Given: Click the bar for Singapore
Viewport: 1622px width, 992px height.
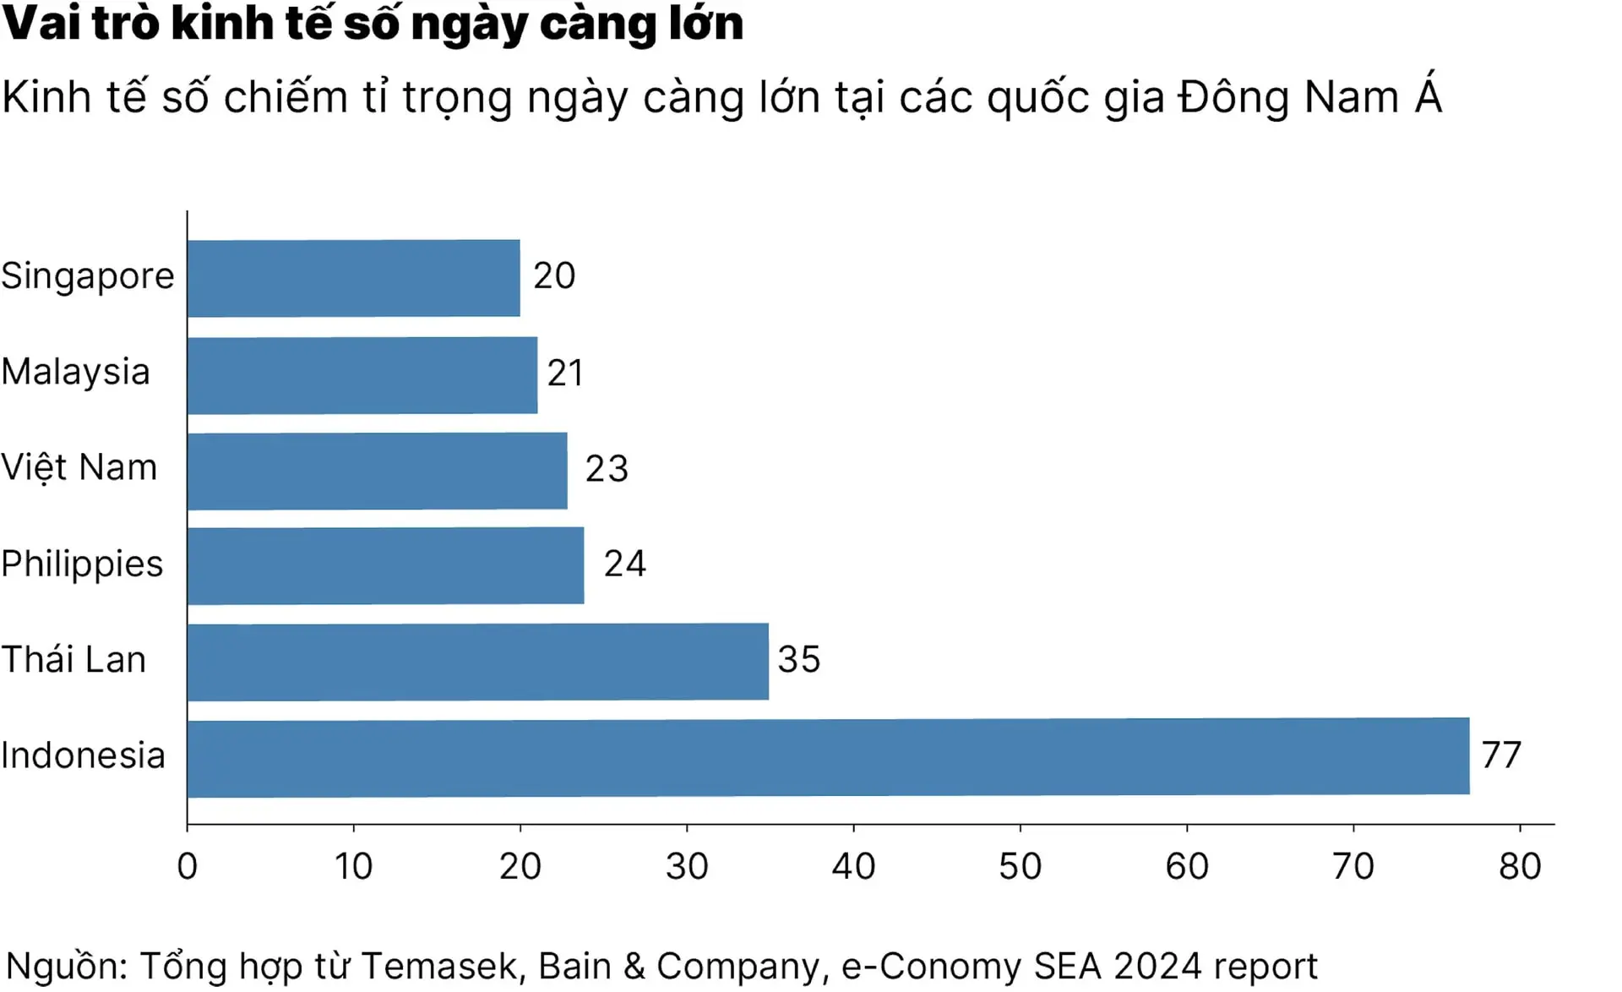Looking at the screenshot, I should [x=353, y=278].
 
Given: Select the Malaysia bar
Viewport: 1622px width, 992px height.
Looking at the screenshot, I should [x=362, y=375].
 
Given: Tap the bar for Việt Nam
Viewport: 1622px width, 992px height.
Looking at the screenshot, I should [x=377, y=471].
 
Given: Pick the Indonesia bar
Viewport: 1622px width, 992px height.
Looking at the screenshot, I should [x=828, y=757].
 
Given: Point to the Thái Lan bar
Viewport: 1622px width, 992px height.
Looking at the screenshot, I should [x=477, y=662].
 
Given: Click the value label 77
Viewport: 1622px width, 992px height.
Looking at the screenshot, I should [x=1501, y=755].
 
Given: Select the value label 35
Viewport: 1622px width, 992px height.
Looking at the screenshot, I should [x=798, y=660].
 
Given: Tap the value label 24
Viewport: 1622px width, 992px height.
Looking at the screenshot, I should [x=624, y=564].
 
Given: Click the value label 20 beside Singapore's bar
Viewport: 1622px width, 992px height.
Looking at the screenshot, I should [x=554, y=276].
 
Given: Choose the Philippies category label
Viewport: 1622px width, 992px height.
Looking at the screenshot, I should [x=82, y=564].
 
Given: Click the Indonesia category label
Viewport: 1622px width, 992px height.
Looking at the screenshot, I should [x=83, y=756].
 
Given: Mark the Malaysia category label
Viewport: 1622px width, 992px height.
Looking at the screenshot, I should [x=75, y=373].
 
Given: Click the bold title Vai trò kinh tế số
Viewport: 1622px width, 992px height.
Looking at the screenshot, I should [x=373, y=23].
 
